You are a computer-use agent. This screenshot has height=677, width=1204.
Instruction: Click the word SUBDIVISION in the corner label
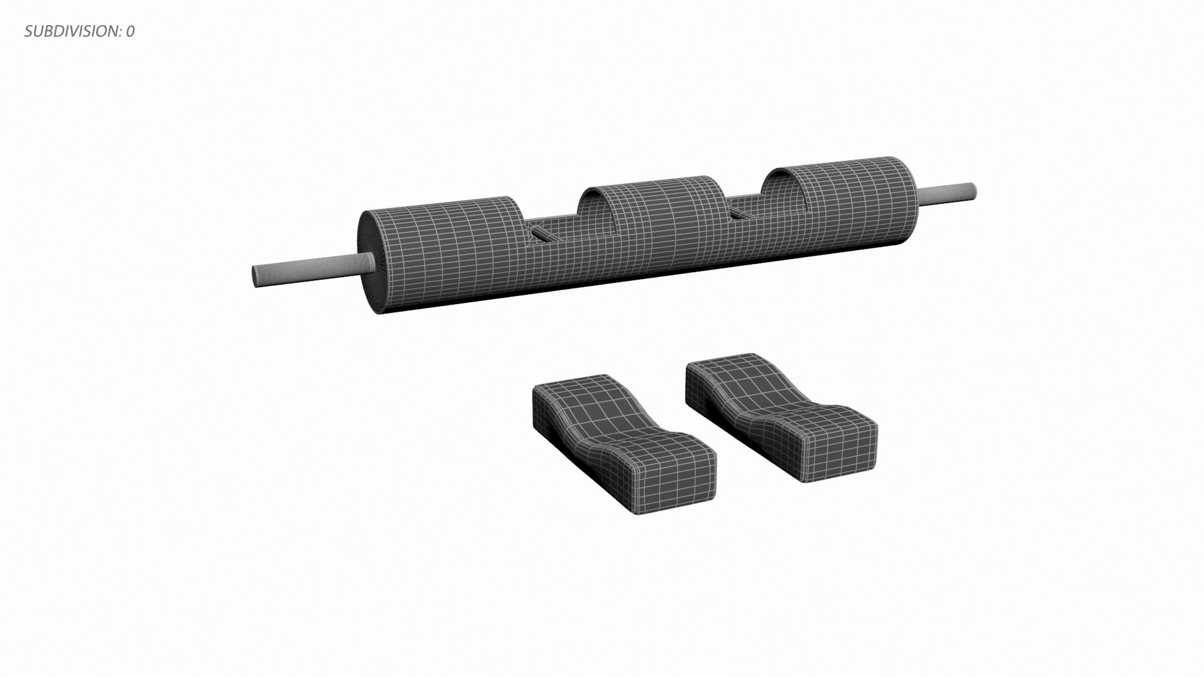click(70, 32)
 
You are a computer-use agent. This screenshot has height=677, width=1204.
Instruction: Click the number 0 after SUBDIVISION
click(130, 32)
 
